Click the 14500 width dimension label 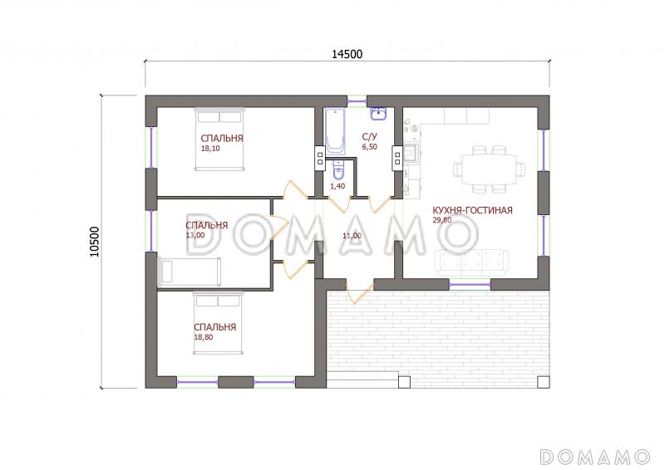pos(347,54)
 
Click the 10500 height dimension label pos(94,242)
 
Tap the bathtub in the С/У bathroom pos(336,131)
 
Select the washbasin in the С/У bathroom pos(379,113)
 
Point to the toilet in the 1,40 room pos(338,169)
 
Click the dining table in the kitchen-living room pos(489,169)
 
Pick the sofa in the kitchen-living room pos(471,262)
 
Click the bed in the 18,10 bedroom pos(220,139)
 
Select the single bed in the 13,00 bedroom pos(190,271)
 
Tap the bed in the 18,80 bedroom pos(219,322)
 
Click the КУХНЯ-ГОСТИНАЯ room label pos(472,210)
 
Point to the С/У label pos(369,137)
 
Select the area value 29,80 pos(442,220)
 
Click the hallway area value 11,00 pos(352,236)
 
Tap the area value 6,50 pos(369,147)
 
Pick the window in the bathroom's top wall pos(357,101)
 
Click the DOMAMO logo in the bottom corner pos(594,457)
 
